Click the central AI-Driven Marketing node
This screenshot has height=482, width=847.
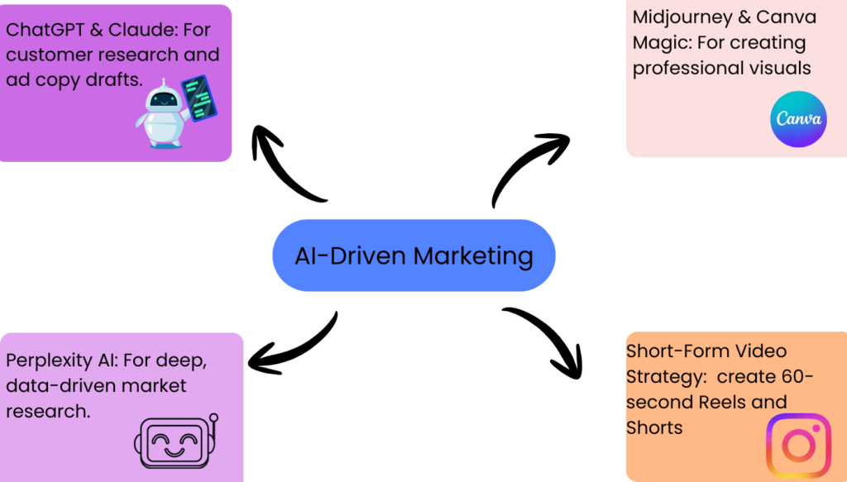coord(414,255)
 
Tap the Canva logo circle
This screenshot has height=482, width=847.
coord(798,119)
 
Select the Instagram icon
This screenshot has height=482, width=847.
coord(798,446)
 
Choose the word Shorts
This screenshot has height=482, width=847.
coord(655,427)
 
